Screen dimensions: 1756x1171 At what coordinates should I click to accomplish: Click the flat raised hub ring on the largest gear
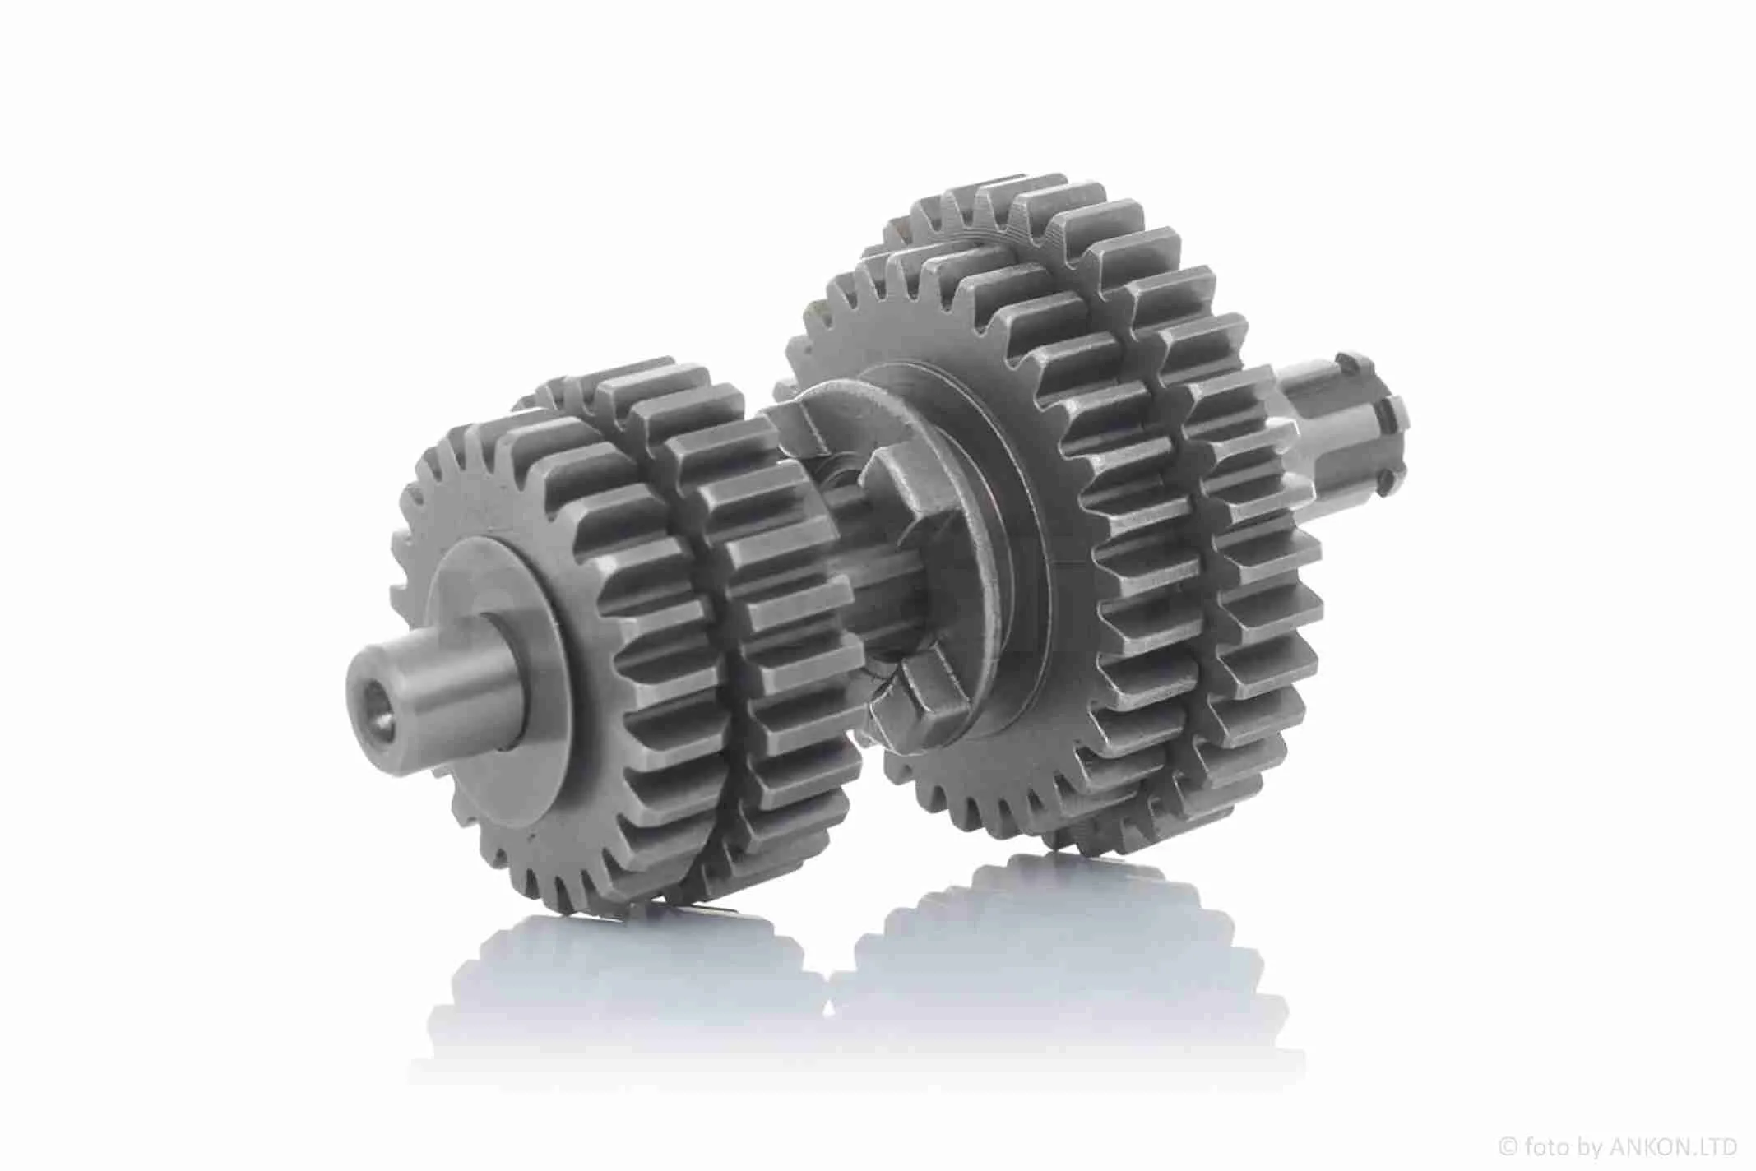(x=946, y=526)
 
